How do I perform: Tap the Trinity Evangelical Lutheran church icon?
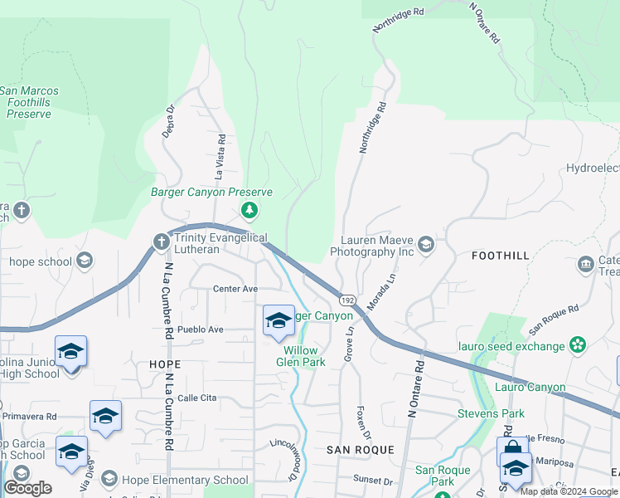coord(162,242)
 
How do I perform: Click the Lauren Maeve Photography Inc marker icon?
coord(426,243)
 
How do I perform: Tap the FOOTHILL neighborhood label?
coord(499,256)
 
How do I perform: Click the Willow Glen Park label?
coord(299,356)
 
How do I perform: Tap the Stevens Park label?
coord(491,413)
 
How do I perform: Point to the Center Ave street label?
coord(235,289)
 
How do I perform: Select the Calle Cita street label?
coord(196,398)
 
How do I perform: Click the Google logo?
coord(28,488)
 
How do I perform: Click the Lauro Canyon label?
coord(530,388)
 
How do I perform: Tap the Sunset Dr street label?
coord(372,480)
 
